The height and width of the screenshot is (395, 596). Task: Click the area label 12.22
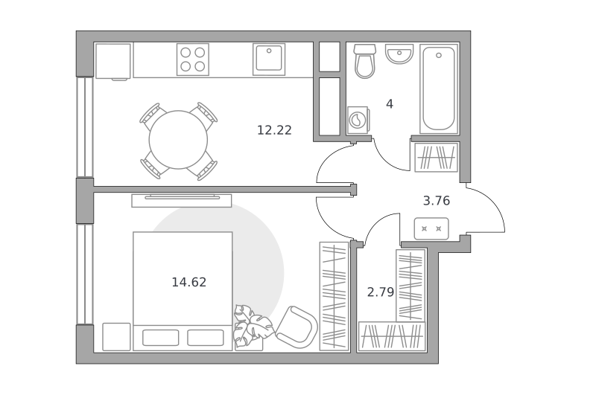click(x=274, y=130)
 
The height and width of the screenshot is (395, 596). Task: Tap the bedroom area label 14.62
click(x=189, y=283)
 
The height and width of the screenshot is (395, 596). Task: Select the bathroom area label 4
click(x=390, y=104)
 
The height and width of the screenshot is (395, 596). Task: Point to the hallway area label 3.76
click(x=437, y=201)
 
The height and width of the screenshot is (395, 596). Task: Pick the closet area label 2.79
click(x=381, y=292)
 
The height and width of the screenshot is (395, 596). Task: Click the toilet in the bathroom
click(x=365, y=61)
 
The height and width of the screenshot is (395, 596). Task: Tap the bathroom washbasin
click(x=399, y=54)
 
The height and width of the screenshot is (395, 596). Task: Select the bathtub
click(x=439, y=89)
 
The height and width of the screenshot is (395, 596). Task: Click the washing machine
click(x=358, y=121)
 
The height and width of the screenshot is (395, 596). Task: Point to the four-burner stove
click(x=193, y=60)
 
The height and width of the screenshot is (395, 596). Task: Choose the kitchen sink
click(x=269, y=60)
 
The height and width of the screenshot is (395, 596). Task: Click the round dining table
click(x=178, y=140)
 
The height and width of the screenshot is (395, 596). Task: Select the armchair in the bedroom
click(x=297, y=327)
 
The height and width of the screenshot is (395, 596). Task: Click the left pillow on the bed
click(x=160, y=338)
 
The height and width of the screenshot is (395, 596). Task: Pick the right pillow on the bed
click(x=206, y=338)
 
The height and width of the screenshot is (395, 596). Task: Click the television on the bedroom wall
click(x=182, y=200)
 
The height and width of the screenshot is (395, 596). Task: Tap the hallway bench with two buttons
click(x=431, y=229)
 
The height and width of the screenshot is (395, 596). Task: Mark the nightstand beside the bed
click(x=116, y=337)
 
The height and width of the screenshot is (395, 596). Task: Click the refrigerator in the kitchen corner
click(x=113, y=62)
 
